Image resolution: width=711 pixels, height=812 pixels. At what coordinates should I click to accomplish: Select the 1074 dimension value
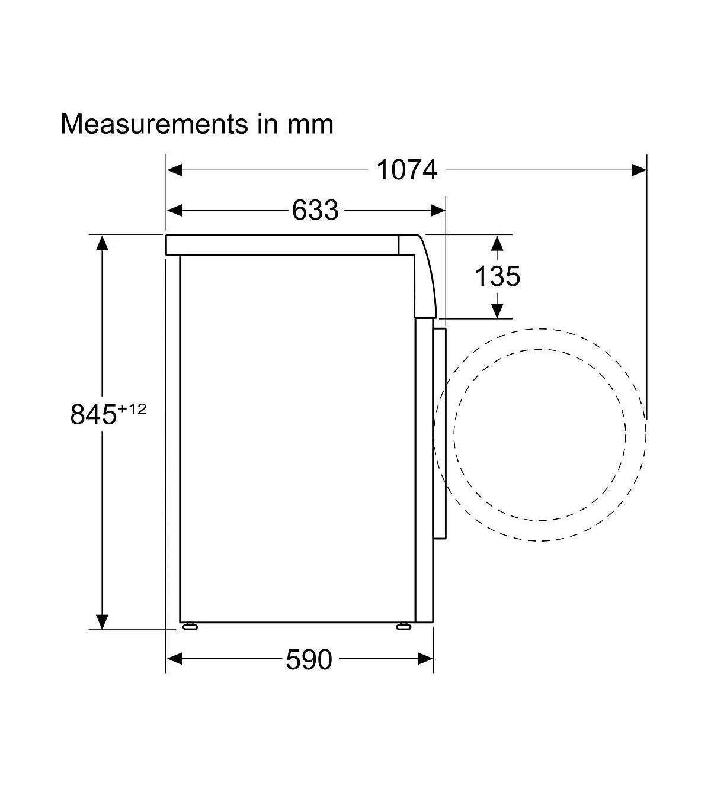(406, 170)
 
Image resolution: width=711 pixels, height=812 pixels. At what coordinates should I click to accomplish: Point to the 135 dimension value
(497, 276)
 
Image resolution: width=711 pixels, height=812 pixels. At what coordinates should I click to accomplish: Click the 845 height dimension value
(94, 414)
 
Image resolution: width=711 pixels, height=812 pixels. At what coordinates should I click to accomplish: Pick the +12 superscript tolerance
(132, 408)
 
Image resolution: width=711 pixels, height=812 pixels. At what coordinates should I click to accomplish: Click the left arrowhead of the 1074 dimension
(175, 170)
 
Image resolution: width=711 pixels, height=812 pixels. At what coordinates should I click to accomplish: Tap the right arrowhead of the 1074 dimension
(639, 170)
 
